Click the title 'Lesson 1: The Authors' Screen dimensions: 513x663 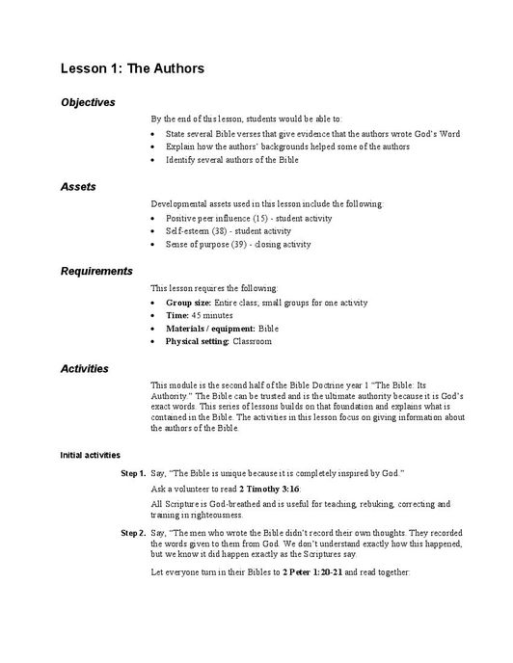(132, 69)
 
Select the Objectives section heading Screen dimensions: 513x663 (88, 102)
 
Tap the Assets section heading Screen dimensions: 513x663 (78, 186)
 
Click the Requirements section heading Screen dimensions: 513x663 (96, 271)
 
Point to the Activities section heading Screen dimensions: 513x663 (85, 368)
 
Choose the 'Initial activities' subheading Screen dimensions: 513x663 (91, 454)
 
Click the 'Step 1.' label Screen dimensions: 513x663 (133, 474)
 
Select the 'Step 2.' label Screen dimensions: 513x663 (133, 532)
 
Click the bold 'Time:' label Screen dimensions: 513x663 (178, 315)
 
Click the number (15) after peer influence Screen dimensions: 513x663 (258, 219)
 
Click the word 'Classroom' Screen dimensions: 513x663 (253, 341)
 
